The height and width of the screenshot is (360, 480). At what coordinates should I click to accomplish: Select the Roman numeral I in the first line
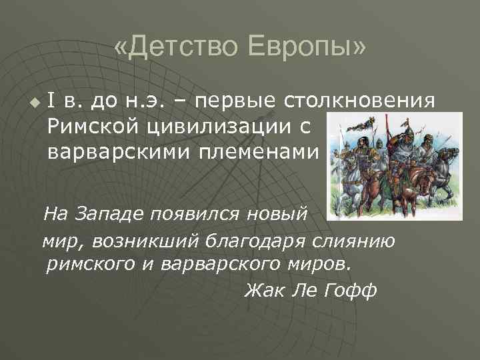[52, 102]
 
